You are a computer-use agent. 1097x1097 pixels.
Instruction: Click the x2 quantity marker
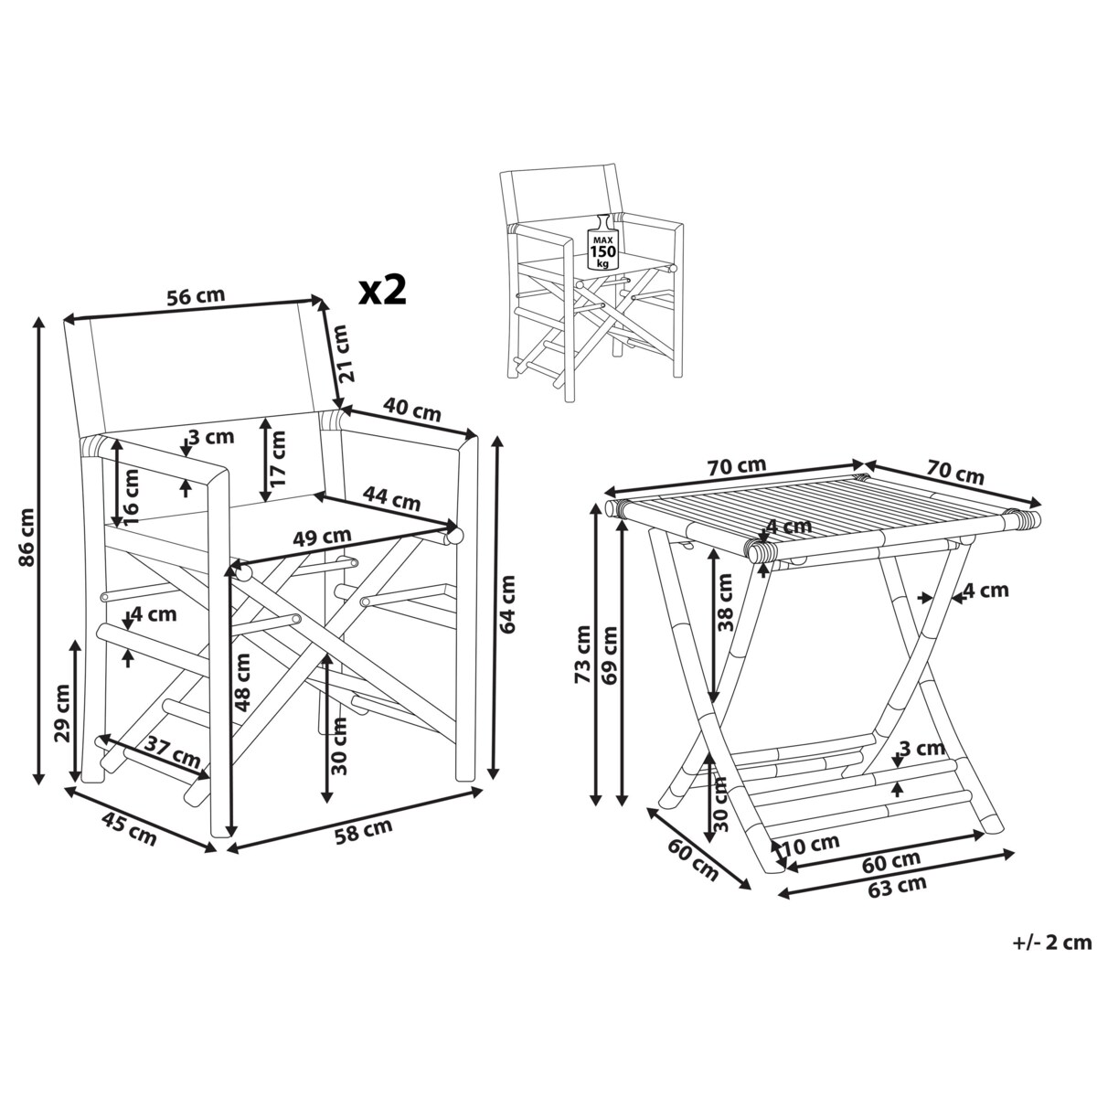[x=381, y=291]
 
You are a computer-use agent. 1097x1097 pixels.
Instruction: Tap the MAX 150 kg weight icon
[x=601, y=242]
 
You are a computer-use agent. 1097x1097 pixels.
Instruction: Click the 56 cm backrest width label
[x=195, y=296]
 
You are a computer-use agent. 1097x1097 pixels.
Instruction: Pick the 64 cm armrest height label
[x=507, y=603]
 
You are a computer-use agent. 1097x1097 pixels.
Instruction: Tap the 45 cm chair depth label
[x=128, y=832]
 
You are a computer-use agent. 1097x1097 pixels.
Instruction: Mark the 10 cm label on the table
[x=812, y=843]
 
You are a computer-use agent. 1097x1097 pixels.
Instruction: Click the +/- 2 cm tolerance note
[x=1051, y=942]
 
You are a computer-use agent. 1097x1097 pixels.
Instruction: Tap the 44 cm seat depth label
[x=391, y=500]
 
